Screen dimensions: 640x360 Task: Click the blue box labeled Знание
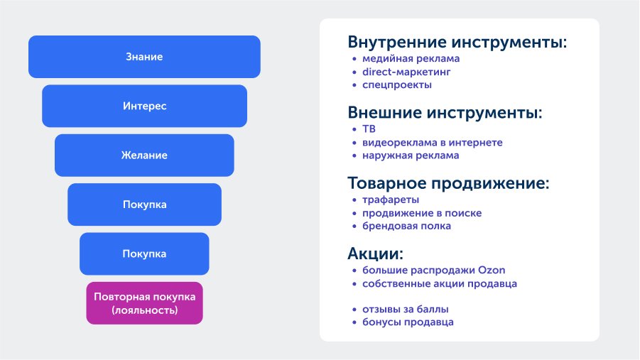tap(144, 57)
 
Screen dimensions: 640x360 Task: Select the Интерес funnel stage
tap(144, 106)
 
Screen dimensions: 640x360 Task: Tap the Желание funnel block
tap(144, 156)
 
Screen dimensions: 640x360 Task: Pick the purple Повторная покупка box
tap(144, 303)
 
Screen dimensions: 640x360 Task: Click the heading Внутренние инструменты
tap(457, 42)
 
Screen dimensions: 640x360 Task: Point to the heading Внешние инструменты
tap(445, 112)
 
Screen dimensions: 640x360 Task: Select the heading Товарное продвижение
tap(448, 183)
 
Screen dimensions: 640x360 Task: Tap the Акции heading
tap(375, 253)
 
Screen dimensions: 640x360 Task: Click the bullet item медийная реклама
tap(411, 59)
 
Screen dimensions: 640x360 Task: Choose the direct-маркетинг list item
tap(406, 72)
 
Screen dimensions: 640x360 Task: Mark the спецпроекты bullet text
tap(397, 85)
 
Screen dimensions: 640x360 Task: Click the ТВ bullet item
tap(369, 129)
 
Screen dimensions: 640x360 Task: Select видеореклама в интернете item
tap(433, 143)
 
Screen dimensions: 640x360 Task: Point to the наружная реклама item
tap(411, 156)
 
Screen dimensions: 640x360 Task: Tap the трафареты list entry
tap(391, 200)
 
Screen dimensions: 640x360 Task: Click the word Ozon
tap(492, 271)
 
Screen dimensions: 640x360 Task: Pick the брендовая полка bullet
tap(406, 226)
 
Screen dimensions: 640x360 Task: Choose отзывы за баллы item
tap(406, 310)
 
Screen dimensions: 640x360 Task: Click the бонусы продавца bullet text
tap(408, 322)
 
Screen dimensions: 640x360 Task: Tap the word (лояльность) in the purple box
tap(144, 310)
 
